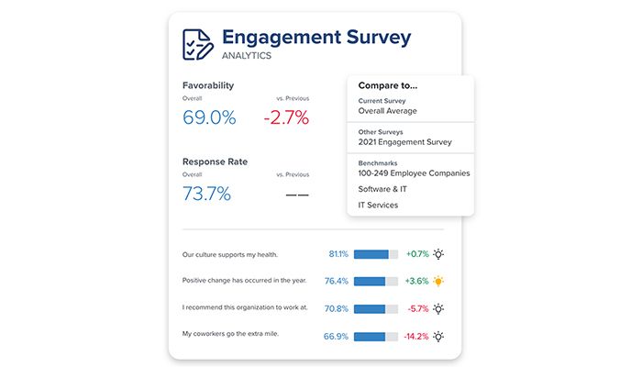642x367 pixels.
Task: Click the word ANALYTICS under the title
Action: click(x=247, y=56)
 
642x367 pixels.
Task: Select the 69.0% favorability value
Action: click(x=209, y=117)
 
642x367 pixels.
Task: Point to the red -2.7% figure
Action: click(x=285, y=117)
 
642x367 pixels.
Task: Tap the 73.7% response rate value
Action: click(x=206, y=194)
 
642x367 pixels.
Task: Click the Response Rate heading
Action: click(x=215, y=161)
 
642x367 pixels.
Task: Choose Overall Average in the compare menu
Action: click(x=387, y=111)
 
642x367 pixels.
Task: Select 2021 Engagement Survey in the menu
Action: click(x=404, y=142)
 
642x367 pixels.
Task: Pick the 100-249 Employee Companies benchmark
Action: click(x=414, y=172)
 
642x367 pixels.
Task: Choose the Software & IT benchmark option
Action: click(x=382, y=189)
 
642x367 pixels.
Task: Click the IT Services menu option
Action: click(x=378, y=206)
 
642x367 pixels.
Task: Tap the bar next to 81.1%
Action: click(x=376, y=254)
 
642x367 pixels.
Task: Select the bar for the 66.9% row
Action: click(x=376, y=337)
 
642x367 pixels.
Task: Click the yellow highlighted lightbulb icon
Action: click(x=439, y=282)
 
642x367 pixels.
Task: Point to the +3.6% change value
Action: click(x=416, y=282)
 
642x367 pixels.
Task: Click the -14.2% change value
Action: click(x=415, y=337)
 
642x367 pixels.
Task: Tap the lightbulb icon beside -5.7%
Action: click(x=439, y=309)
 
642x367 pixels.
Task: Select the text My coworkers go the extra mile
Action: click(x=229, y=334)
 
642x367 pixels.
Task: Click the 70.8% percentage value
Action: click(x=336, y=309)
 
